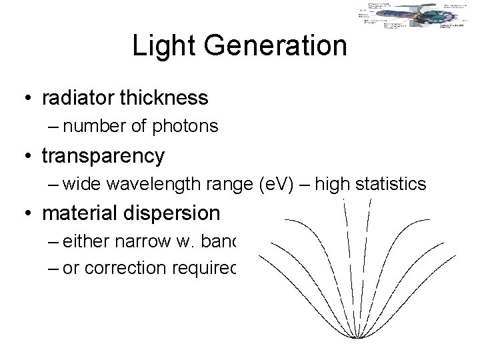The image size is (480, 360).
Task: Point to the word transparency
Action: (103, 155)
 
